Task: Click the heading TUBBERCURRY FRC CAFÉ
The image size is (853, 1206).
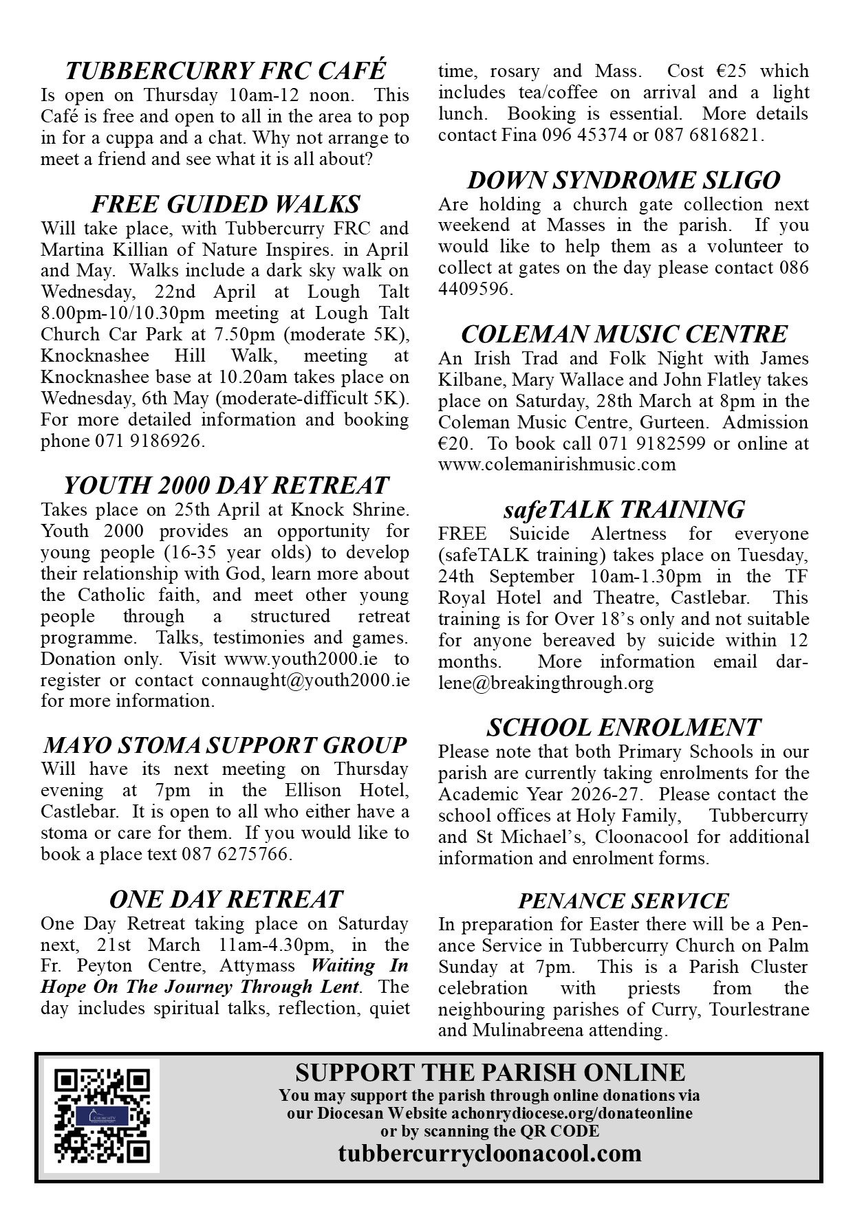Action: pos(225,71)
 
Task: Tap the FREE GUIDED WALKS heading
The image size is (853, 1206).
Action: pos(225,204)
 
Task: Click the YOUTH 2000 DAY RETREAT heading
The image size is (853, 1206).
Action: pos(225,485)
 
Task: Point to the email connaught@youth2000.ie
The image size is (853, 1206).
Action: pos(305,680)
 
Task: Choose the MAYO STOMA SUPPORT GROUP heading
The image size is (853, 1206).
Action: pos(225,745)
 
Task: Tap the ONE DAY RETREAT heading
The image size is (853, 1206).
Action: pos(225,899)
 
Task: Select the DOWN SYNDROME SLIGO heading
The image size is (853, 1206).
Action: pos(623,180)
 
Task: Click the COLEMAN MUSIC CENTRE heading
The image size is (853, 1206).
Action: pos(623,334)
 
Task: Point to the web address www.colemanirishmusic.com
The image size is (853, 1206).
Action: pos(557,464)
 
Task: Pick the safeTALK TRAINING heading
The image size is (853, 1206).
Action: pos(623,509)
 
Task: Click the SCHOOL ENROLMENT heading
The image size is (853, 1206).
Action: pos(623,727)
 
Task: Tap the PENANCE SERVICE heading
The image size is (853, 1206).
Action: pos(623,901)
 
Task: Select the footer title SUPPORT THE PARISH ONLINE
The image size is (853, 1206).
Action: pos(490,1072)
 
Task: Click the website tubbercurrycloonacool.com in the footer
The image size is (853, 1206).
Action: pos(490,1152)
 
